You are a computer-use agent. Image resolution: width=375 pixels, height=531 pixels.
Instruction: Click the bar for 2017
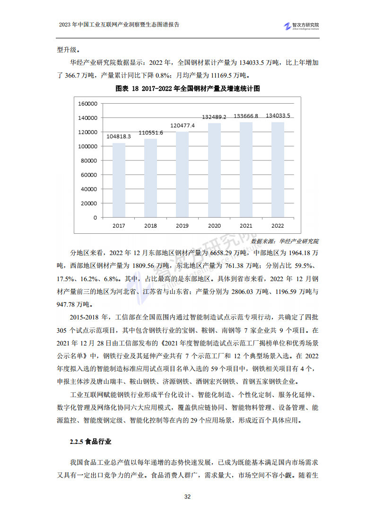[x=119, y=180]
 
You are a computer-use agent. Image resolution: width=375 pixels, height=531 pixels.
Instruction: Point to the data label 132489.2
[x=214, y=117]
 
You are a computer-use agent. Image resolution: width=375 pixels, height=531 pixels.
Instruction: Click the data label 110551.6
[x=151, y=133]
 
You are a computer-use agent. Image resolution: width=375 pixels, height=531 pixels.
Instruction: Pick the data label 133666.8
[x=246, y=116]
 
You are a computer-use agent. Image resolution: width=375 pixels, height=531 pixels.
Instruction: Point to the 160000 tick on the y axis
[x=87, y=103]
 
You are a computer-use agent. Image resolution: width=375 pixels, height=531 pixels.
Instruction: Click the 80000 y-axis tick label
[x=89, y=160]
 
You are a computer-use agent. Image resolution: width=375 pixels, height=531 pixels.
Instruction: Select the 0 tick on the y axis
[x=95, y=218]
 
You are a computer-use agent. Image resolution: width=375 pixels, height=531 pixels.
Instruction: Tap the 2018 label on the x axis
[x=150, y=226]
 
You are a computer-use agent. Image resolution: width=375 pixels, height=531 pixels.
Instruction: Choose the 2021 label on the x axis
[x=246, y=226]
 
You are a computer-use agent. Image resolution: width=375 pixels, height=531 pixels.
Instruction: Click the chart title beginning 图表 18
[x=188, y=88]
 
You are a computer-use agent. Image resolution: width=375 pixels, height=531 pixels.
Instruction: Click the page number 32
[x=187, y=496]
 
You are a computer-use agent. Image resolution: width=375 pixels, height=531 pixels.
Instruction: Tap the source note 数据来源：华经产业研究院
[x=285, y=241]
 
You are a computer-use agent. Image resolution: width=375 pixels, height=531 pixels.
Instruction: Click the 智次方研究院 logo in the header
[x=301, y=26]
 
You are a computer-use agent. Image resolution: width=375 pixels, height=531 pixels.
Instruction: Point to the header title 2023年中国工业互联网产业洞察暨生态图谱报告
[x=119, y=25]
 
